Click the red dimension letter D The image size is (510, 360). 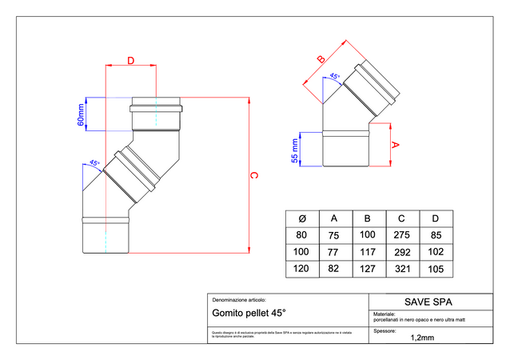[x=130, y=60]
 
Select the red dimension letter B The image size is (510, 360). [x=321, y=58]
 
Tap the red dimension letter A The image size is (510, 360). [x=394, y=145]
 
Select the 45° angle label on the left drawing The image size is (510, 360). [x=94, y=163]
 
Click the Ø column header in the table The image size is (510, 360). [x=301, y=218]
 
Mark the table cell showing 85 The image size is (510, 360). [x=436, y=236]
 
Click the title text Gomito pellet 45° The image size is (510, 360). [x=249, y=314]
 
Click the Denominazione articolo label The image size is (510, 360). [x=238, y=298]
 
